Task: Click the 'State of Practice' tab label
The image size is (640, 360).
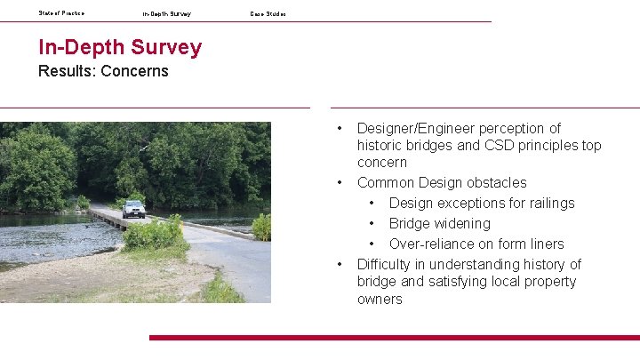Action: tap(61, 12)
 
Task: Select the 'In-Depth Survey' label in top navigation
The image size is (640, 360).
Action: tap(166, 13)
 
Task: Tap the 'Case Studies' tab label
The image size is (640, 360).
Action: tap(268, 13)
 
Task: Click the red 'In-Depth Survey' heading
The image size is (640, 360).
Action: tap(120, 47)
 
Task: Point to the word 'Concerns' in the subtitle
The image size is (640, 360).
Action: tap(134, 71)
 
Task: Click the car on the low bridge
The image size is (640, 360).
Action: tap(133, 209)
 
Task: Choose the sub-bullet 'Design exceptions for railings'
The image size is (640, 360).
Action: tap(482, 204)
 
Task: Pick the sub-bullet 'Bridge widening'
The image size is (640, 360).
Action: tap(439, 224)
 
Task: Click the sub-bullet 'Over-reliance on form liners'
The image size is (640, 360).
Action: tap(476, 244)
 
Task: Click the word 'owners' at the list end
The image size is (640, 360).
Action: tap(380, 300)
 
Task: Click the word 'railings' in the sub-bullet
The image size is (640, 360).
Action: tap(550, 204)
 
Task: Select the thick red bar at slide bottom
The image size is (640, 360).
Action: tap(394, 338)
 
